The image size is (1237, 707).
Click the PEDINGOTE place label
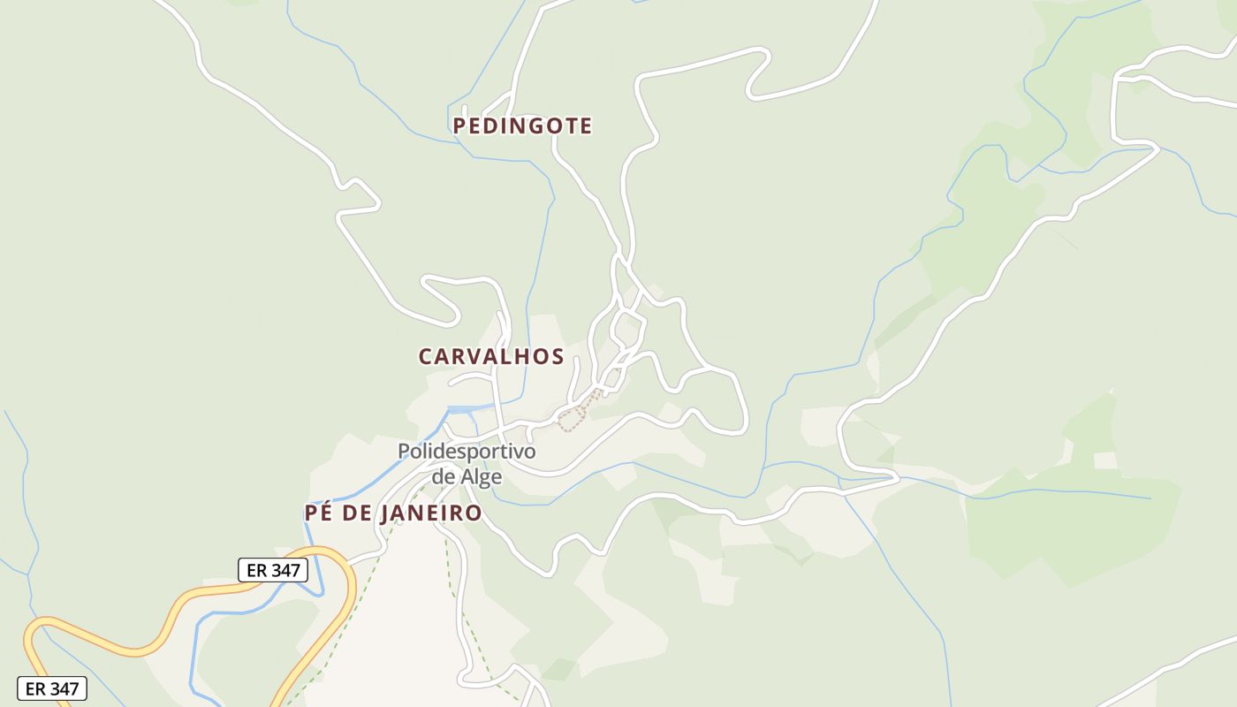522,126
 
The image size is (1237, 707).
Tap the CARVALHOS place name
490,356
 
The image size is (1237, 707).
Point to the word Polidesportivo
467,452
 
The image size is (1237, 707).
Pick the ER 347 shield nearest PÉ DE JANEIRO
273,570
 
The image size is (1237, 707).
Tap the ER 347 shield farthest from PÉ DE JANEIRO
52,688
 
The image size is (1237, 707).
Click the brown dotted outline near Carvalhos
574,417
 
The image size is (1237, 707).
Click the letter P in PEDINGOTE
459,126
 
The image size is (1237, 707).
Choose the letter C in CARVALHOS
426,356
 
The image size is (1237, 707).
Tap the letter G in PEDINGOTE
535,126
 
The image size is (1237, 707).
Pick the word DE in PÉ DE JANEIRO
355,513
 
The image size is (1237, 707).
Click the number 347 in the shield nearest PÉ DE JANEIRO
285,570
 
